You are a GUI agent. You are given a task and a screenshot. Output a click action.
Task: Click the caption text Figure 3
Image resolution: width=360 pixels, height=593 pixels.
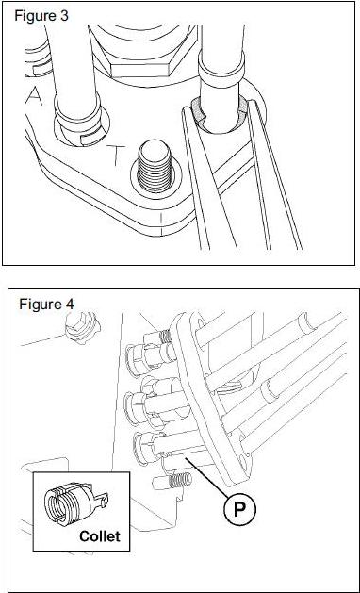coord(41,16)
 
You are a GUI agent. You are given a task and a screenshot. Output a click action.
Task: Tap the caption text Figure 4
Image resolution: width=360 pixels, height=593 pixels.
coord(46,305)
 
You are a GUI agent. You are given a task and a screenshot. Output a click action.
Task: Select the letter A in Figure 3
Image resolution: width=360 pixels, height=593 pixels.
coord(35,95)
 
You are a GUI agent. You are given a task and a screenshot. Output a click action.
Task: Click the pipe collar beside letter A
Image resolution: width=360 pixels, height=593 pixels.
coord(78,121)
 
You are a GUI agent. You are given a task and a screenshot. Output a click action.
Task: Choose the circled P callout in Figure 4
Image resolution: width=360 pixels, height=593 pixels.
coord(239,509)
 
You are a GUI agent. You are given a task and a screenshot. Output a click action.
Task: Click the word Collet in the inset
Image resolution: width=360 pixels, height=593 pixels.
coord(100,535)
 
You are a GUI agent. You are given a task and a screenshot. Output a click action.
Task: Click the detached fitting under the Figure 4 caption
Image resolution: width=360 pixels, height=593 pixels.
coord(82,326)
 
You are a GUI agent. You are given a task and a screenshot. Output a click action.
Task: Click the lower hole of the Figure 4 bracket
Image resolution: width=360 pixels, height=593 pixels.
coord(244,454)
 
